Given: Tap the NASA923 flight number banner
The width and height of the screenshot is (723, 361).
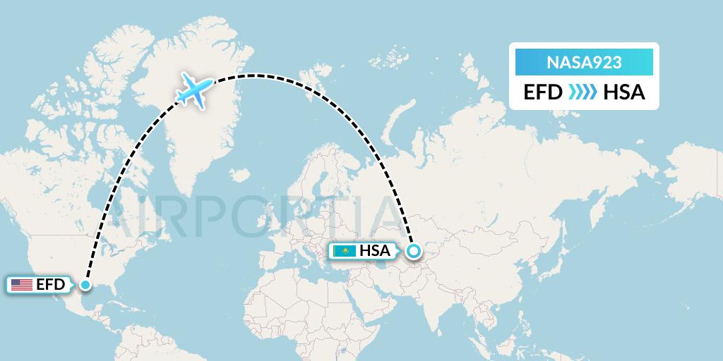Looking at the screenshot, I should pyautogui.click(x=584, y=63).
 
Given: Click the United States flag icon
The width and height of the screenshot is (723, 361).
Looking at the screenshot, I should pyautogui.click(x=22, y=285).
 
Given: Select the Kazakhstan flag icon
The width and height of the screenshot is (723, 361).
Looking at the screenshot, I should pyautogui.click(x=345, y=250).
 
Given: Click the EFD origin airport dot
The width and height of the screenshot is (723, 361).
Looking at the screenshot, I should pyautogui.click(x=85, y=285).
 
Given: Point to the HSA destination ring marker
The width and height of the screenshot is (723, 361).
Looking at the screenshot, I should pyautogui.click(x=413, y=250).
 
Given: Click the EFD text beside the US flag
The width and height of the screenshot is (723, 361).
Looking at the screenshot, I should pyautogui.click(x=51, y=285).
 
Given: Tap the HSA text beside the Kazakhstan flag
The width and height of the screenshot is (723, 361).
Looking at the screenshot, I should pyautogui.click(x=374, y=250).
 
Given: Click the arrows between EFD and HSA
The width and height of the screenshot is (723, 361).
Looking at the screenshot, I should pyautogui.click(x=582, y=92).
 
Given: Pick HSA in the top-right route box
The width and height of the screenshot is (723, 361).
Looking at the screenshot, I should pyautogui.click(x=624, y=92).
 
